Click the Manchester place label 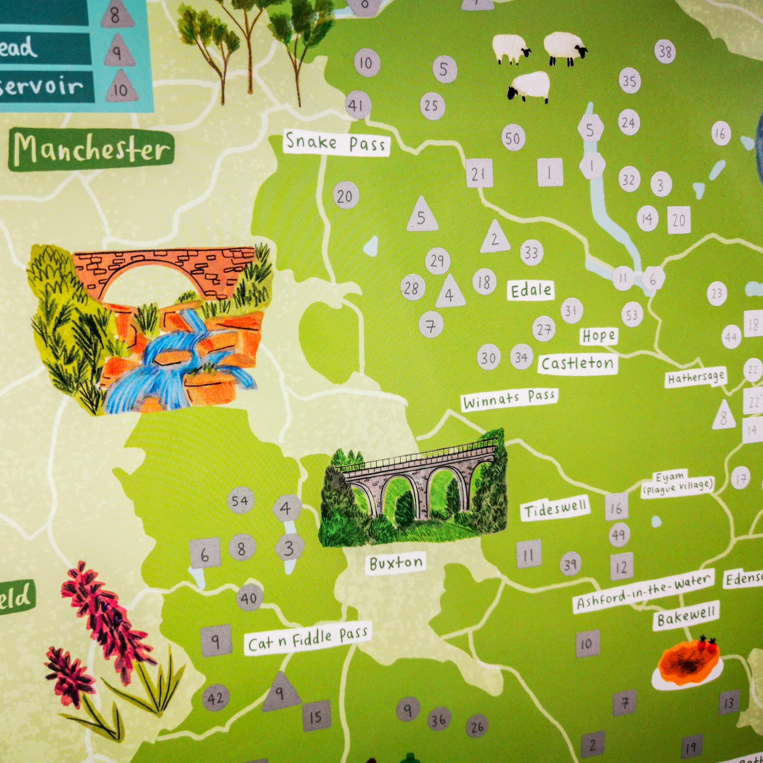[x=91, y=151]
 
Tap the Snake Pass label [x=336, y=143]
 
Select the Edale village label [x=531, y=291]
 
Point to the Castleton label [x=577, y=363]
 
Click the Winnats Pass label [x=509, y=400]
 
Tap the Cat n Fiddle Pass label [x=308, y=640]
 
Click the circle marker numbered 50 [x=513, y=139]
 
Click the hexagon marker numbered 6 [x=652, y=280]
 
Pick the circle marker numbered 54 [x=240, y=501]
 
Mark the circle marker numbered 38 [x=665, y=52]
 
